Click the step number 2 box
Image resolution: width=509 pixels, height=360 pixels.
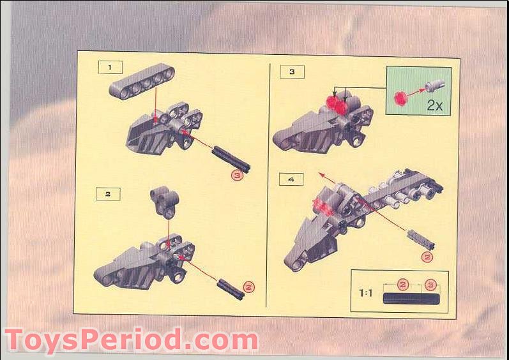108,193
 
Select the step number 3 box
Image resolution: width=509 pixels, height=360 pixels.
292,71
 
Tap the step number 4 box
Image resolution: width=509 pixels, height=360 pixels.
291,180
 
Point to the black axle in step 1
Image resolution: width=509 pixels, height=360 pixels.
231,160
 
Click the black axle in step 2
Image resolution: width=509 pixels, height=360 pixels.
231,287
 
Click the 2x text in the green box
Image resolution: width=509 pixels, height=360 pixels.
434,105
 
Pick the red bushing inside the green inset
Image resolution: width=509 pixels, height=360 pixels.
401,98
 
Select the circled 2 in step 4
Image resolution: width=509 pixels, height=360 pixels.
427,257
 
